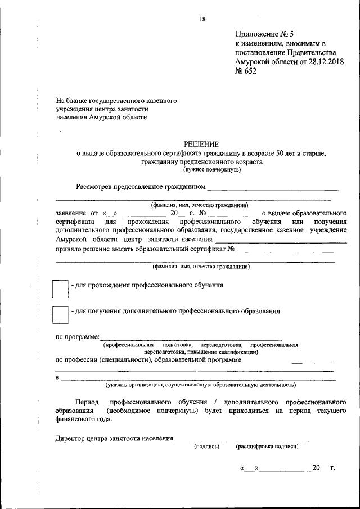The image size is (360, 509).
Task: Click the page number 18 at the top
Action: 202,20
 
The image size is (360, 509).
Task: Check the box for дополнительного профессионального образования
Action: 60,314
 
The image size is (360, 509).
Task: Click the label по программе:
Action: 77,336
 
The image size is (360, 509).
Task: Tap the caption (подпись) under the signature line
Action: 206,447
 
